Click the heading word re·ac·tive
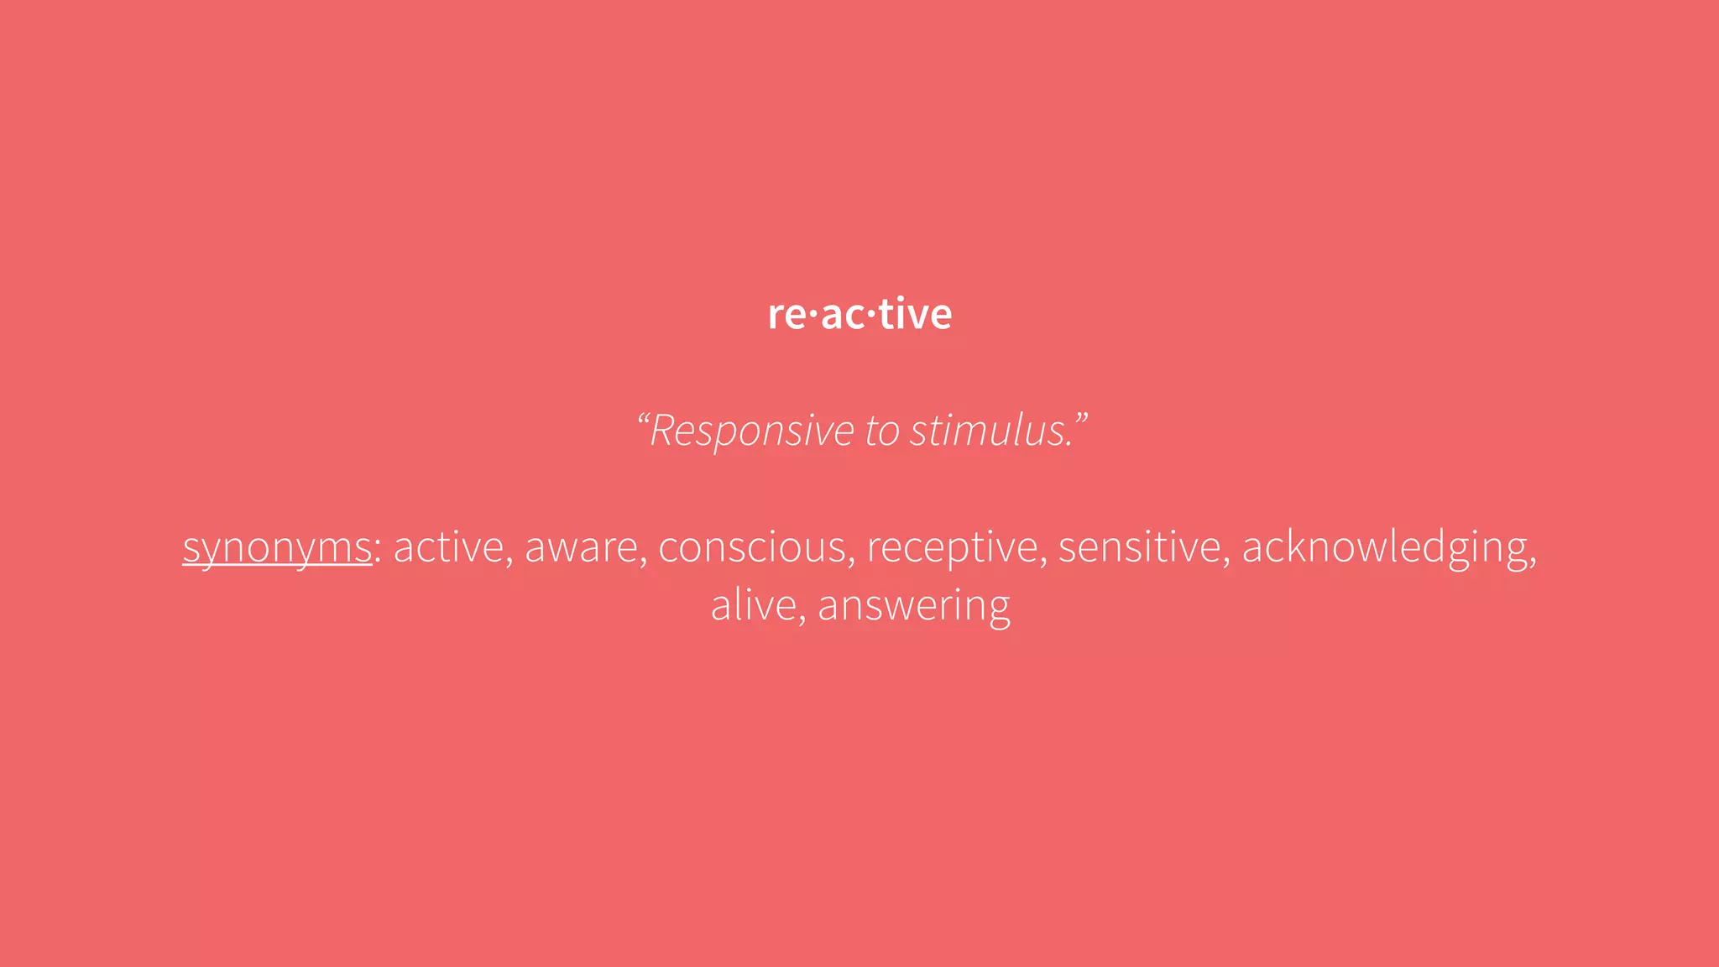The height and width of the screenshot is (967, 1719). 859,315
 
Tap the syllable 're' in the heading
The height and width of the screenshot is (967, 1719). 786,316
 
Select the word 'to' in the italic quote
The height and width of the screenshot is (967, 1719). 882,431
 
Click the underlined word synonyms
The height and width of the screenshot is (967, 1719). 277,548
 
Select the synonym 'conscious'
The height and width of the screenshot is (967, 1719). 752,547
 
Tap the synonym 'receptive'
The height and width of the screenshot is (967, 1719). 952,547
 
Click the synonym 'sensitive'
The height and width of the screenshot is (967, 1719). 1139,547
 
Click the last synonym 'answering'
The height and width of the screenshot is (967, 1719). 914,606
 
